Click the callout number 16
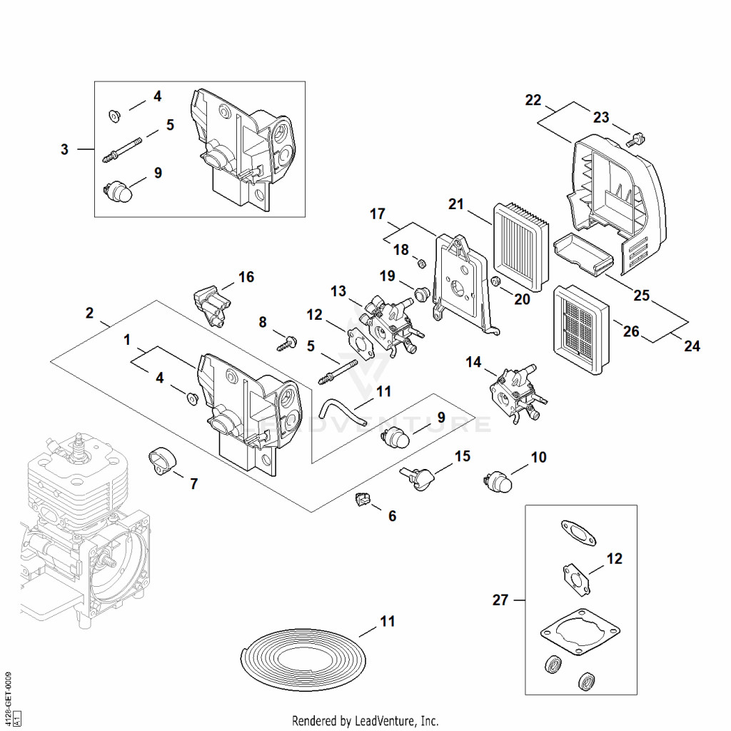(x=246, y=277)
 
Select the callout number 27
(x=500, y=600)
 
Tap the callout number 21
(x=456, y=204)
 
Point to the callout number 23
(x=601, y=117)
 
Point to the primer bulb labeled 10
(x=498, y=479)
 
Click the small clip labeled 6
(x=362, y=500)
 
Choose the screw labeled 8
(x=287, y=343)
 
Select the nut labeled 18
(x=419, y=263)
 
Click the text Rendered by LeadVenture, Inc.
(x=365, y=720)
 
